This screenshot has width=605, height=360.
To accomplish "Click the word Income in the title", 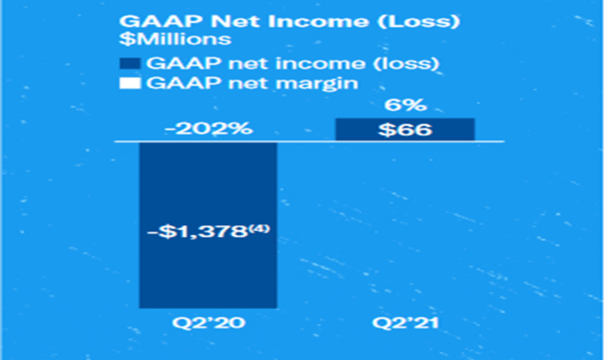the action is [318, 21].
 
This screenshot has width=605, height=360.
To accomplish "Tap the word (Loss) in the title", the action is [418, 22].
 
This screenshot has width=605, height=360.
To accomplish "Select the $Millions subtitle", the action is [175, 39].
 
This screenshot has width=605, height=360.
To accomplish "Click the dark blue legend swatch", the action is [130, 63].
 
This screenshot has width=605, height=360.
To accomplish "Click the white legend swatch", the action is [130, 84].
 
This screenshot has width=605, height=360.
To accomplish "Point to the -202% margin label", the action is [209, 128].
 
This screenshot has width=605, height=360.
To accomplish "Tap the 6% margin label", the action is [406, 105].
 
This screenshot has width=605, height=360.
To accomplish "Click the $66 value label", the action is [405, 130].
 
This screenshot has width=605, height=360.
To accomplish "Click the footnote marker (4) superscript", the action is [259, 229].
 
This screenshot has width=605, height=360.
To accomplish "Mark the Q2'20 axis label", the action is [209, 323].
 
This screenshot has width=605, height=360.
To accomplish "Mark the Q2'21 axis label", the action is [405, 323].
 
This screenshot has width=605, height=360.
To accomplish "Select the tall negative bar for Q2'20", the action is [208, 225].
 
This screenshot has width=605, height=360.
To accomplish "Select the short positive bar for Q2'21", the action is [405, 130].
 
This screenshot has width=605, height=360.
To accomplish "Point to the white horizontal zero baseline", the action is [309, 142].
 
